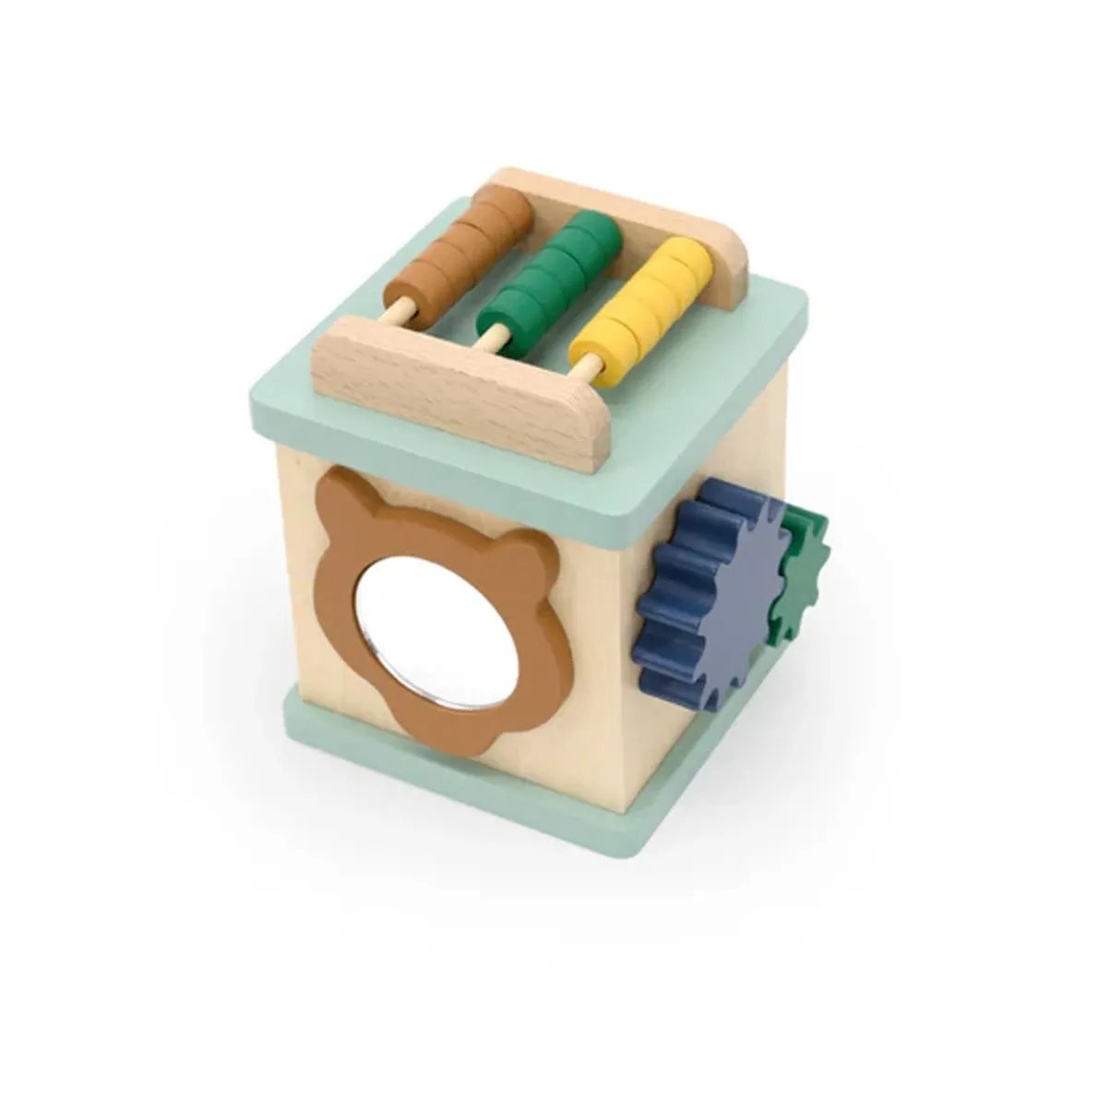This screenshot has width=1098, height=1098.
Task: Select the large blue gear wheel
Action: click(706, 591)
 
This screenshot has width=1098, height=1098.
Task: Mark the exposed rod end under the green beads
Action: click(495, 336)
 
